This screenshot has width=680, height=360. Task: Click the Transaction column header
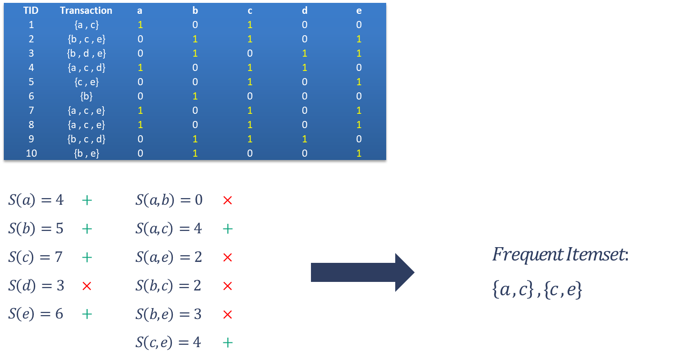click(86, 10)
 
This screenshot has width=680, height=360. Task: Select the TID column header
click(31, 10)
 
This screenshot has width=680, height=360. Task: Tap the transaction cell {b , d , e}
click(86, 53)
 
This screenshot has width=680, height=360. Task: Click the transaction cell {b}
click(86, 96)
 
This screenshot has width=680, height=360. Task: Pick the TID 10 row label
click(31, 153)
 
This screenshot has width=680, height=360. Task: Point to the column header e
click(359, 10)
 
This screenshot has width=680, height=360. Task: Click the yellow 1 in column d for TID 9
click(305, 139)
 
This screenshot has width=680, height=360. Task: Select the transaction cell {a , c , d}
click(86, 68)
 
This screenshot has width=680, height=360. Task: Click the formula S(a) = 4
click(36, 200)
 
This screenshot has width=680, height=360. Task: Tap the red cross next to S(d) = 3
click(87, 286)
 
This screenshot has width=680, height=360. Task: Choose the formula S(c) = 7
click(36, 257)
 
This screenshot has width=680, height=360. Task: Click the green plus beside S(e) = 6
click(87, 314)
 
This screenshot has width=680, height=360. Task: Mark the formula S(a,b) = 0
click(169, 200)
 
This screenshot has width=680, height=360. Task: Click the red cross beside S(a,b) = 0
click(228, 200)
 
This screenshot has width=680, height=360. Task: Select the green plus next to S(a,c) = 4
click(228, 229)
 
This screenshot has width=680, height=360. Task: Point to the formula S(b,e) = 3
click(169, 314)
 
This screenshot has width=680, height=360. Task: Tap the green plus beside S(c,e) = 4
click(228, 342)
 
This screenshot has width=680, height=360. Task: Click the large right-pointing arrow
click(362, 272)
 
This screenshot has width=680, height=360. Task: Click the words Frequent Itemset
click(560, 255)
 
